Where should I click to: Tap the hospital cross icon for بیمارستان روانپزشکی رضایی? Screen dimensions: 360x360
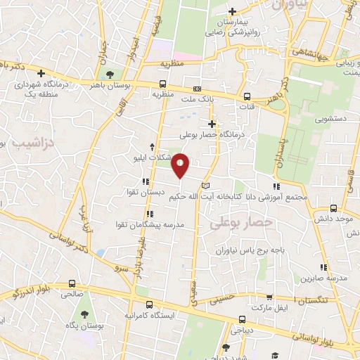pyautogui.click(x=233, y=11)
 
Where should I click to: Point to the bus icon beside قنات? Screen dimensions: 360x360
pyautogui.click(x=246, y=98)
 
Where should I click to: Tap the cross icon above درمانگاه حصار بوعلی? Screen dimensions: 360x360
pyautogui.click(x=211, y=124)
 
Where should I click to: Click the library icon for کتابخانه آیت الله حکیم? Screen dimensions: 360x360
pyautogui.click(x=205, y=185)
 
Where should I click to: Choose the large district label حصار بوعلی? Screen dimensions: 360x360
pyautogui.click(x=235, y=222)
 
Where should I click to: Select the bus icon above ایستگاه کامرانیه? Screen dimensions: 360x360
pyautogui.click(x=149, y=305)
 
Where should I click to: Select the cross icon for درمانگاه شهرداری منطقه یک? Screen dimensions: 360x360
pyautogui.click(x=41, y=73)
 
